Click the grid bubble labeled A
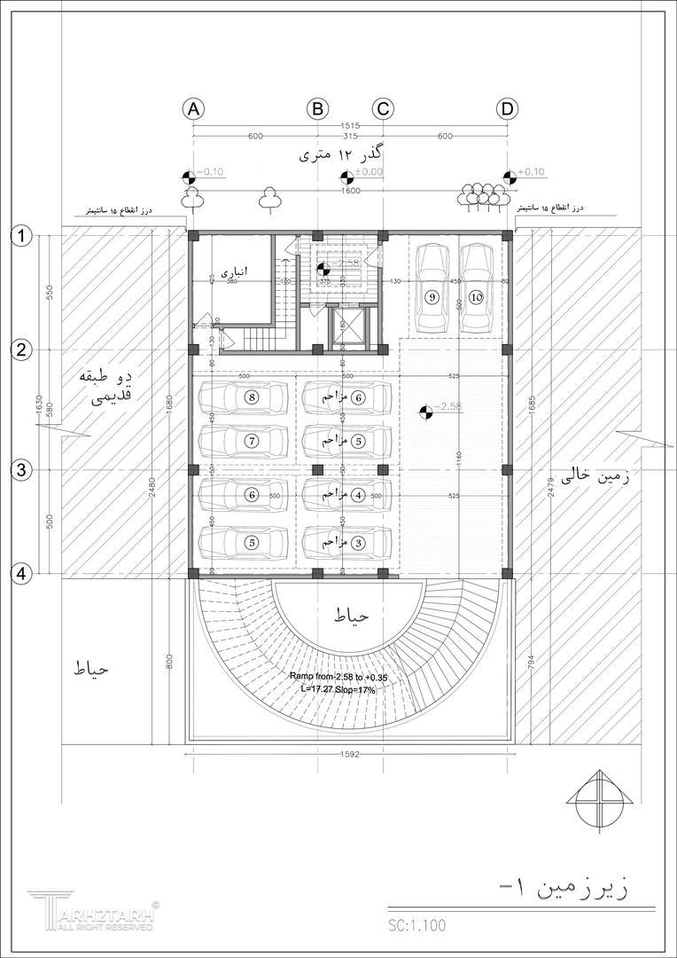pyautogui.click(x=193, y=109)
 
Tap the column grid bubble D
pyautogui.click(x=507, y=109)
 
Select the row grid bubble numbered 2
pyautogui.click(x=21, y=349)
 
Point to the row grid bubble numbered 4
pyautogui.click(x=21, y=574)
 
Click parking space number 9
pyautogui.click(x=432, y=297)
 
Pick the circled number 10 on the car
pyautogui.click(x=477, y=297)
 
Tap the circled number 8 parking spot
pyautogui.click(x=253, y=397)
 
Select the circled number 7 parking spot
pyautogui.click(x=252, y=440)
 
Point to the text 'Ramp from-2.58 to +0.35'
pyautogui.click(x=338, y=677)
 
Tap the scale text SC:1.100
pyautogui.click(x=417, y=925)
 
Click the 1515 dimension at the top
pyautogui.click(x=349, y=126)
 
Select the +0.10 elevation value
pyautogui.click(x=533, y=172)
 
